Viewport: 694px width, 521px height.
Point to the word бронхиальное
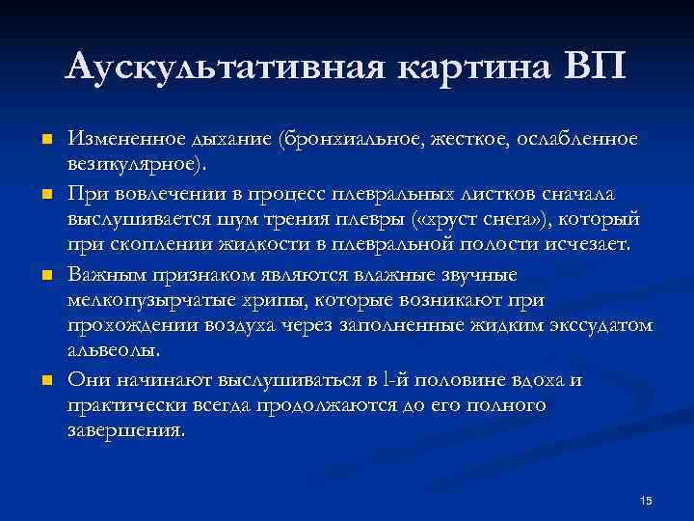tap(347, 141)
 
